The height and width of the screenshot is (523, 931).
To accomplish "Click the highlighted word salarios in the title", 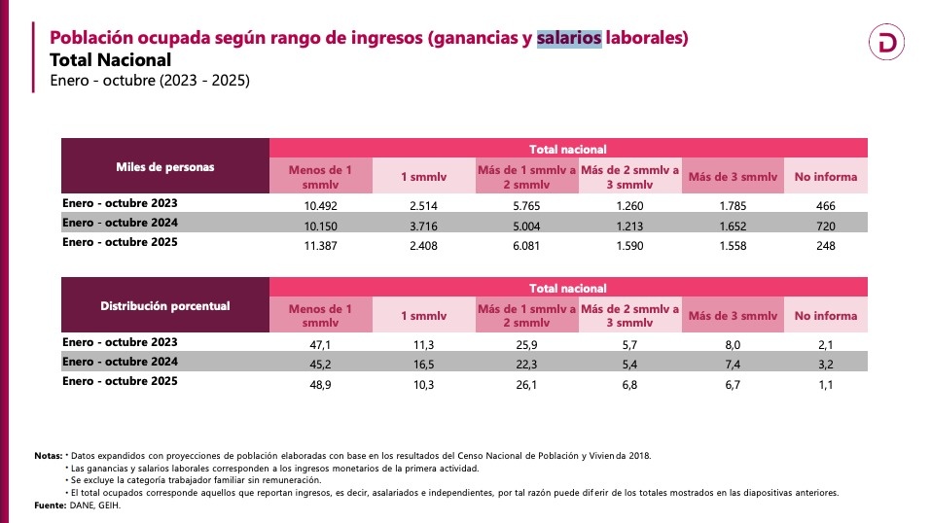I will (x=569, y=38).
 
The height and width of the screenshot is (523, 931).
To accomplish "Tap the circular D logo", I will (x=887, y=42).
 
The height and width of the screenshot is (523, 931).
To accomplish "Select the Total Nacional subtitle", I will (x=110, y=60).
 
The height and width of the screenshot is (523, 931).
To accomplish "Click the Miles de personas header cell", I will (x=165, y=166).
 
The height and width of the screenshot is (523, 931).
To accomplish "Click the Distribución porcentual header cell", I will (x=165, y=306).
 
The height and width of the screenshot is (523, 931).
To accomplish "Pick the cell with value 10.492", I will (x=321, y=205).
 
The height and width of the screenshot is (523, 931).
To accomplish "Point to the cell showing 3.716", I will (x=424, y=226).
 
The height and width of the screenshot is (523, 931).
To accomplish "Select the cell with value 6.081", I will (x=526, y=246).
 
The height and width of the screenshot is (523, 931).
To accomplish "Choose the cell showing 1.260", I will (x=630, y=205).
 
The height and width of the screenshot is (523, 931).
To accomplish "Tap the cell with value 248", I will (x=825, y=246).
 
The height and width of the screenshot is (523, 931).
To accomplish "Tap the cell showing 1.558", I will (x=733, y=246).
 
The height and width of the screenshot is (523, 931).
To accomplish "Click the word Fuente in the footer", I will (x=49, y=506).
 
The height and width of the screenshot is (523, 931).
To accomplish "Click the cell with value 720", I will (x=825, y=226).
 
